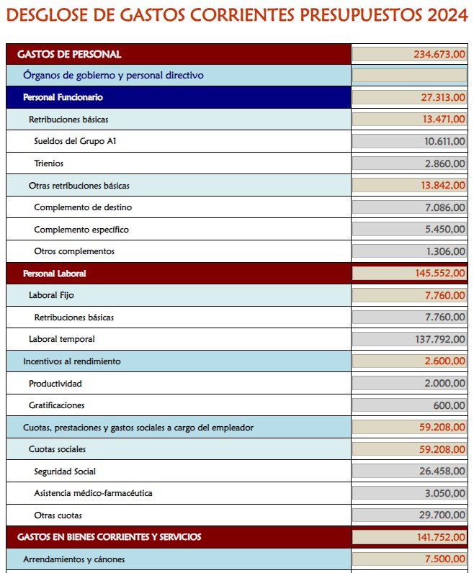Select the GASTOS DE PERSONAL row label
[69, 54]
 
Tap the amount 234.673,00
[439, 54]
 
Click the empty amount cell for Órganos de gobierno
[409, 76]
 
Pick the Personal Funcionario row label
[63, 97]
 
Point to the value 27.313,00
[443, 97]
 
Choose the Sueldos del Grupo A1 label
[75, 142]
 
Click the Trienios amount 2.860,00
[444, 163]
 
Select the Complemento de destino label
[83, 207]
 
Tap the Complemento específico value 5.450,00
[444, 230]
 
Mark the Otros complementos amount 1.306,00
[444, 251]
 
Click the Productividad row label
[55, 384]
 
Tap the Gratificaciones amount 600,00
[449, 405]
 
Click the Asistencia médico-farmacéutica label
[93, 493]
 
